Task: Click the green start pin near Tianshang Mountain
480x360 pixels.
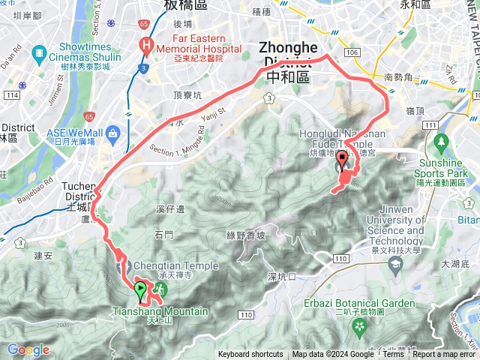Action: pos(140,288)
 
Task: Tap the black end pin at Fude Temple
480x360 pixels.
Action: pos(343,159)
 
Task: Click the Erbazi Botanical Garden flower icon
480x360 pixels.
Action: pos(360,327)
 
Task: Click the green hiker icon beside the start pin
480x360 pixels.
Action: pos(158,289)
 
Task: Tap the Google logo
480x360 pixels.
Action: pos(28,350)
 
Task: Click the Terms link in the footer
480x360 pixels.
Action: pos(393,355)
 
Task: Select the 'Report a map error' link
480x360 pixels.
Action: pos(445,355)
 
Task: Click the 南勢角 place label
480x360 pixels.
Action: pos(398,76)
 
